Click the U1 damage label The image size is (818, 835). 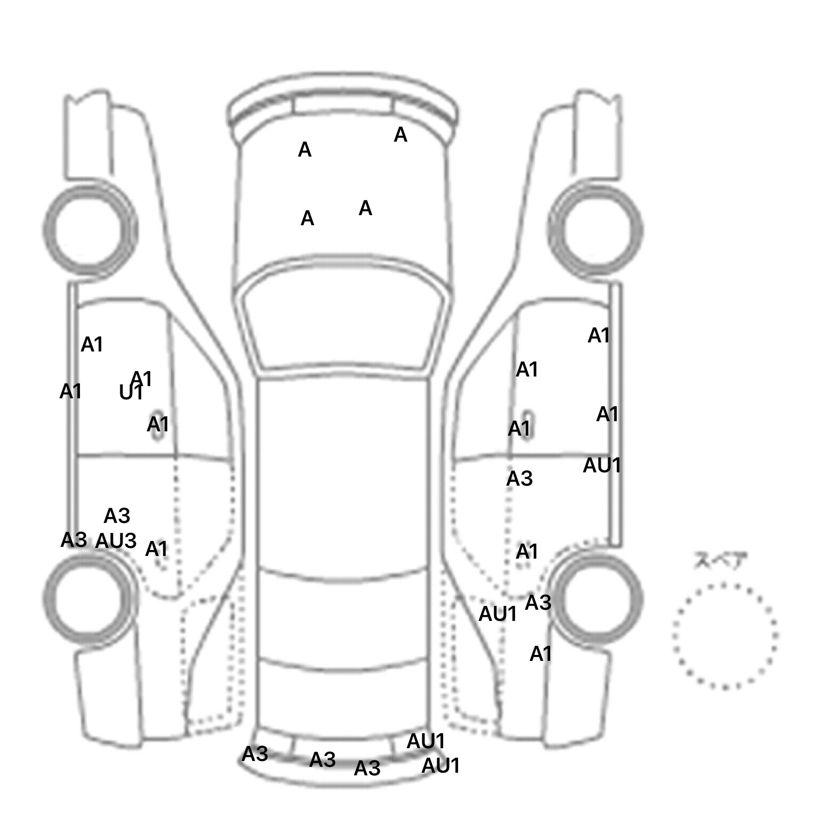[x=130, y=393]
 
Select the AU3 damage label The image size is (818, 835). [x=116, y=541]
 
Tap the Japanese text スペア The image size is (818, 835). [x=721, y=561]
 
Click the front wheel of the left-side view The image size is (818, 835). [x=89, y=229]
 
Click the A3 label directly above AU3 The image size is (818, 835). [x=117, y=516]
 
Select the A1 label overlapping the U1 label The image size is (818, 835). [x=142, y=379]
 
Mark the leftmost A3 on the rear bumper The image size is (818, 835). [x=255, y=754]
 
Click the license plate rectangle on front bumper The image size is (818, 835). [x=343, y=104]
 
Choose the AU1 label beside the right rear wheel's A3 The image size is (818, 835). [x=497, y=614]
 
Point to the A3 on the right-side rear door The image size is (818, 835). [x=519, y=479]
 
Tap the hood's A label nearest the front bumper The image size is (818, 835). [x=400, y=135]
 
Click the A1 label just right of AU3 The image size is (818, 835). [x=157, y=549]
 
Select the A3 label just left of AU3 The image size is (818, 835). [x=73, y=540]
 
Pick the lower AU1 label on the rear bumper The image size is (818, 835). [x=440, y=766]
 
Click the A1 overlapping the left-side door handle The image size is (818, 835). [x=158, y=424]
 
